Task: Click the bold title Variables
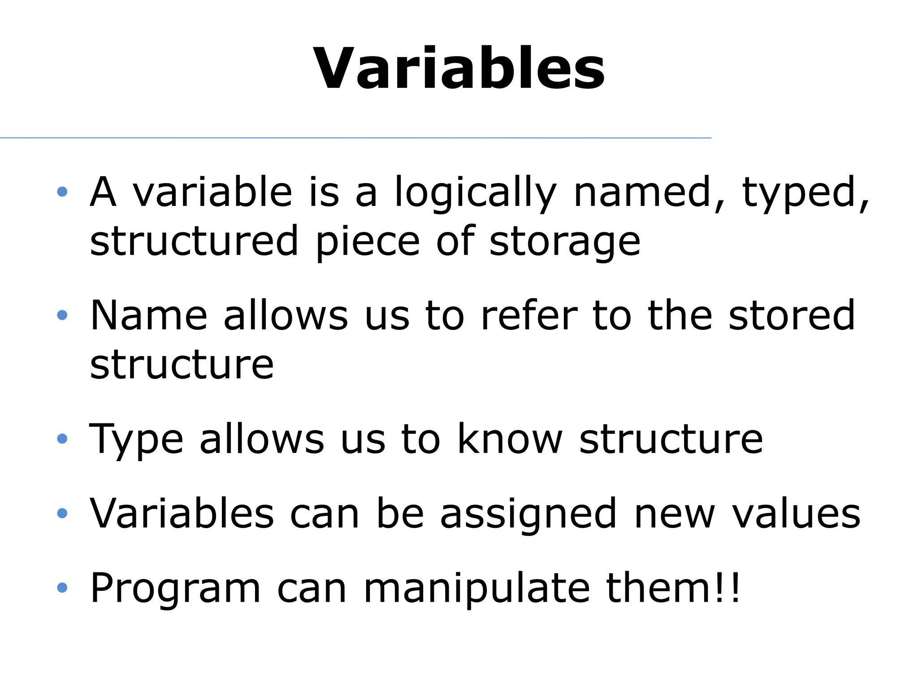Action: [x=459, y=70]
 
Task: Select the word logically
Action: [x=475, y=193]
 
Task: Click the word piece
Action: [x=368, y=242]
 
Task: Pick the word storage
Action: [x=565, y=242]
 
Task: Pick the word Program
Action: [x=175, y=589]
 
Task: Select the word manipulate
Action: [x=476, y=589]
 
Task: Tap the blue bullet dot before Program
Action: [x=62, y=587]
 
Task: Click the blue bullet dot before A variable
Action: [x=62, y=192]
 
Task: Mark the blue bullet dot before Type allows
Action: [x=62, y=438]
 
